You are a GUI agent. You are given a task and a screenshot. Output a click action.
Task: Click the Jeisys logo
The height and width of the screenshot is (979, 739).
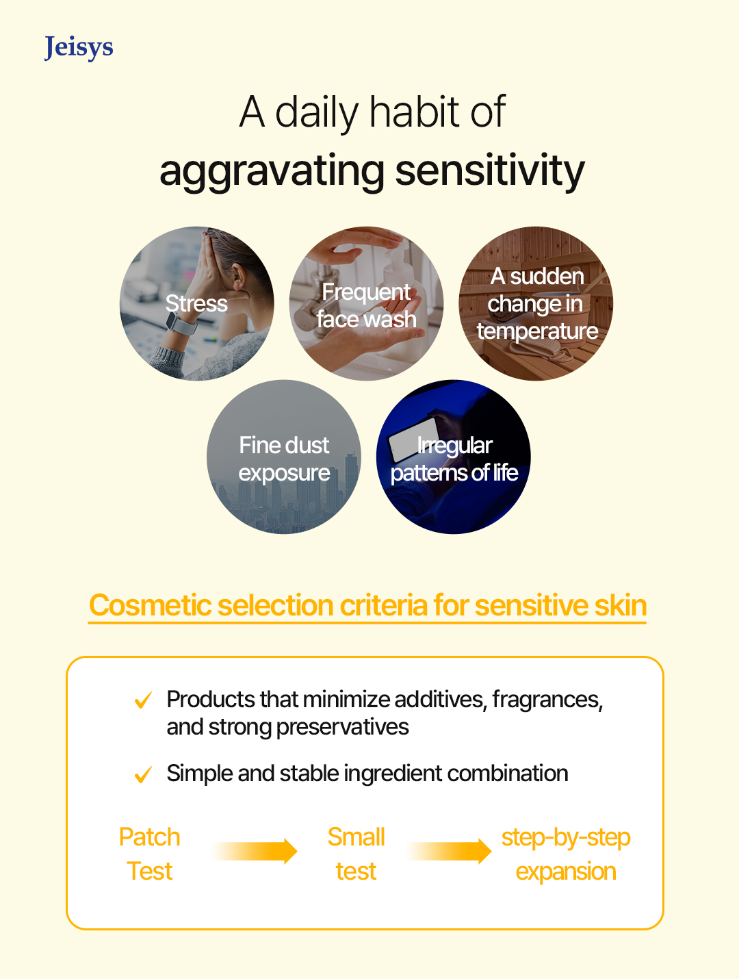pyautogui.click(x=79, y=48)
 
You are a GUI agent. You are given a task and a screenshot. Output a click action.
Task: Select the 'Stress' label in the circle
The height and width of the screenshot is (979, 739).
pyautogui.click(x=196, y=303)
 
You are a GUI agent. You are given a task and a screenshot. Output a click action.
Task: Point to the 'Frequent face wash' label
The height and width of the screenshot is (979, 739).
pyautogui.click(x=366, y=305)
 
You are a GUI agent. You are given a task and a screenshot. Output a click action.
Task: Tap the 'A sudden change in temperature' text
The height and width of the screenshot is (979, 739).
pyautogui.click(x=536, y=304)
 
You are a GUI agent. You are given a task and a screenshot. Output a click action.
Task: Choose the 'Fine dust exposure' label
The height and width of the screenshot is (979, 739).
pyautogui.click(x=284, y=459)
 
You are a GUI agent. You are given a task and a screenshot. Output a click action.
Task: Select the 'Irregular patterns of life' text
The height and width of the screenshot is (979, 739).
pyautogui.click(x=454, y=459)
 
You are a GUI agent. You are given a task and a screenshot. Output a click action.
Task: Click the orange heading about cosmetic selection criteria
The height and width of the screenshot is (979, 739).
pyautogui.click(x=367, y=606)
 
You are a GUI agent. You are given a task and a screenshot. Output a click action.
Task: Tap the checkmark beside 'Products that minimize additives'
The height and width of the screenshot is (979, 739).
pyautogui.click(x=144, y=700)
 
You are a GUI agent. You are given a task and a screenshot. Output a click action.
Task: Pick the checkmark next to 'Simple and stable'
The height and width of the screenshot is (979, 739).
pyautogui.click(x=144, y=774)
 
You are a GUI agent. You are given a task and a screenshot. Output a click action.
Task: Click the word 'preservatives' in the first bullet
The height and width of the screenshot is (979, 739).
pyautogui.click(x=342, y=728)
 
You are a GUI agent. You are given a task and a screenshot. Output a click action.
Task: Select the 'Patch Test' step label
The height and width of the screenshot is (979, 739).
pyautogui.click(x=150, y=854)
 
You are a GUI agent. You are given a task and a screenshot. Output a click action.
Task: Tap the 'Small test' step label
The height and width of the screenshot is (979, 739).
pyautogui.click(x=356, y=854)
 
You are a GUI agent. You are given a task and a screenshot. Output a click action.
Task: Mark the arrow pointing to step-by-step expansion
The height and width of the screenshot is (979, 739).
pyautogui.click(x=450, y=851)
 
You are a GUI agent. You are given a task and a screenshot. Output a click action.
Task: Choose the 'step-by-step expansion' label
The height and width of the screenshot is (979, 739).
pyautogui.click(x=566, y=854)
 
